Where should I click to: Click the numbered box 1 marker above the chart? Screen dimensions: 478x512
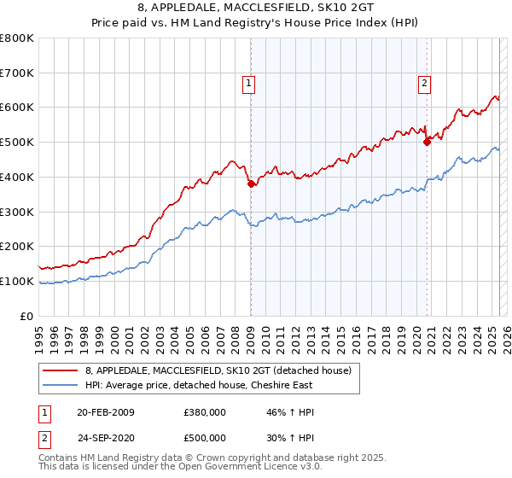point(247,83)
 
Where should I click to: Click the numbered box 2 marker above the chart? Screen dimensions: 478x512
point(424,83)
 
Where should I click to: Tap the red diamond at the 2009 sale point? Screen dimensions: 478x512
point(251,184)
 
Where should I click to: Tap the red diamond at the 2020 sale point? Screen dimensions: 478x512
point(427,142)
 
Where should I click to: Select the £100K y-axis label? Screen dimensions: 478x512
point(17,281)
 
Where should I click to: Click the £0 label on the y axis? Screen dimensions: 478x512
point(26,316)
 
